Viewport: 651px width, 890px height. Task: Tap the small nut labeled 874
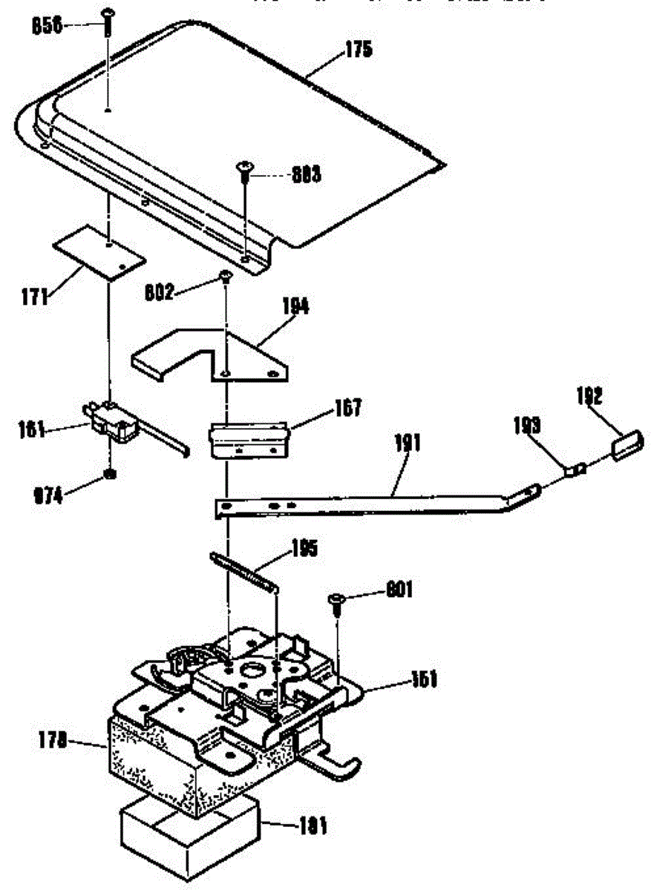point(109,473)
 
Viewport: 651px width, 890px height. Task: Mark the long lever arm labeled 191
point(371,503)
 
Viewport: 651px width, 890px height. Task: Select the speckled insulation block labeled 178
point(148,749)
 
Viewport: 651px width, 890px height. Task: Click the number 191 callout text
point(407,444)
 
